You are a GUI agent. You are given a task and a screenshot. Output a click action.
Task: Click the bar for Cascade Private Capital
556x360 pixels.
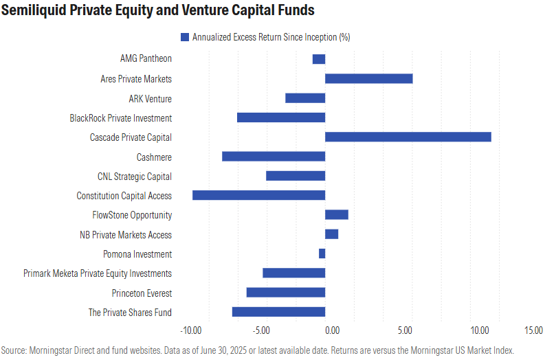408,137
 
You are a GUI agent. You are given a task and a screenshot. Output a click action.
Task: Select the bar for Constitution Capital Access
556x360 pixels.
258,196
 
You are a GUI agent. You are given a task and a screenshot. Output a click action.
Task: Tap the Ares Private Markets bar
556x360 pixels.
368,79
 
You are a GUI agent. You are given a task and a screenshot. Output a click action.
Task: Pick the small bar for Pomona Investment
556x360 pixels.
322,254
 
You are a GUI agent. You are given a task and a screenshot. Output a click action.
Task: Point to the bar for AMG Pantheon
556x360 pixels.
319,59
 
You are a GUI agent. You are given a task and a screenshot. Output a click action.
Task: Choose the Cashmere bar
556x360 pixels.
274,157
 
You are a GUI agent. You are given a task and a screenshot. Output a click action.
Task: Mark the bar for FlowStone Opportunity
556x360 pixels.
336,215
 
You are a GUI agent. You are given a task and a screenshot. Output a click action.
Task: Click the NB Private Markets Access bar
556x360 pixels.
331,235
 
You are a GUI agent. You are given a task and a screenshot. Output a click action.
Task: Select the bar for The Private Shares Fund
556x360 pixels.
278,313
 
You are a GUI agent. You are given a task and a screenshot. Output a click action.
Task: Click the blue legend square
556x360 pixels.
184,37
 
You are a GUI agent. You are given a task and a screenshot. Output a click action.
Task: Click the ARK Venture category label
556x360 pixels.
150,99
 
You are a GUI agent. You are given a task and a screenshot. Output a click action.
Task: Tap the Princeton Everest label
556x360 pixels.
142,293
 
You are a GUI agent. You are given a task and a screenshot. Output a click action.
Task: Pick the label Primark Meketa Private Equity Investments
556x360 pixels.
98,273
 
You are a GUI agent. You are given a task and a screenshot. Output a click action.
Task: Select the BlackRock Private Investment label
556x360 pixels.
121,118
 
